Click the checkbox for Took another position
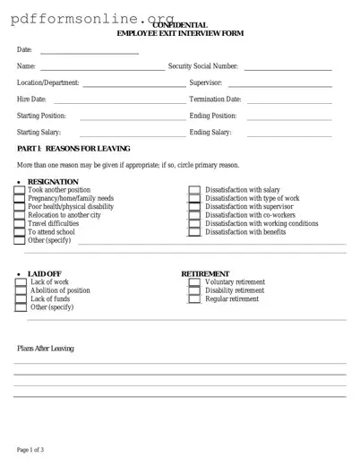tap(20, 191)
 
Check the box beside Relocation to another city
tap(20, 216)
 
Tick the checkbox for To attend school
tap(20, 232)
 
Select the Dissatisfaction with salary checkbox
tap(194, 191)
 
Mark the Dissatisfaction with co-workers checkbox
tap(194, 216)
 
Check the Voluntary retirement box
tap(194, 282)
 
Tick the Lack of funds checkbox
tap(21, 299)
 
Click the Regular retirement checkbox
tap(194, 299)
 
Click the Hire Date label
tap(31, 99)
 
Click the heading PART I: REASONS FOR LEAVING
tap(73, 148)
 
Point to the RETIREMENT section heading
tap(205, 273)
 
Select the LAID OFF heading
tap(46, 273)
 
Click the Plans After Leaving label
tap(46, 349)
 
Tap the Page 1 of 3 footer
tap(30, 449)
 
